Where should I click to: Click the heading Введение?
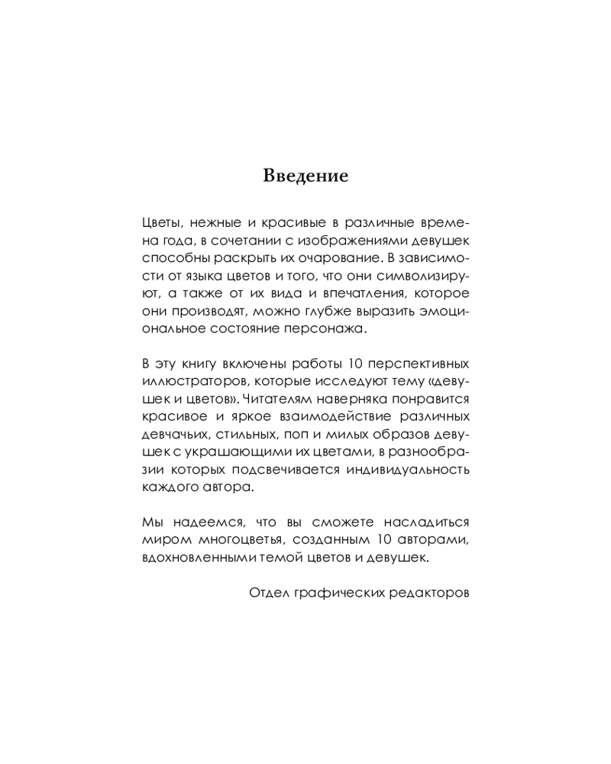[x=305, y=176]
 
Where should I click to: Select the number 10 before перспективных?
[x=354, y=364]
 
